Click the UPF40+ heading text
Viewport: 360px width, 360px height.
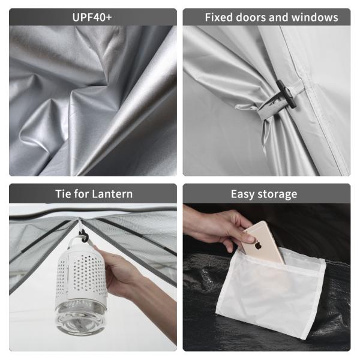[x=92, y=17]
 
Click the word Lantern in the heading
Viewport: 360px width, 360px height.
[x=112, y=194]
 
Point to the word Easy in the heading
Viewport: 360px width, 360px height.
[x=243, y=194]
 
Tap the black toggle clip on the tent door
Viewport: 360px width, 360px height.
[x=287, y=94]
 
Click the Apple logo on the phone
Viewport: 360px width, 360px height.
[x=258, y=245]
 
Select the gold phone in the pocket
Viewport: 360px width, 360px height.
[x=263, y=242]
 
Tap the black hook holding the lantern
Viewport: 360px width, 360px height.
[x=83, y=236]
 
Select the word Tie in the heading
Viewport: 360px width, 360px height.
[x=64, y=194]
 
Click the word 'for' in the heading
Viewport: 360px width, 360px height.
[x=82, y=194]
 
